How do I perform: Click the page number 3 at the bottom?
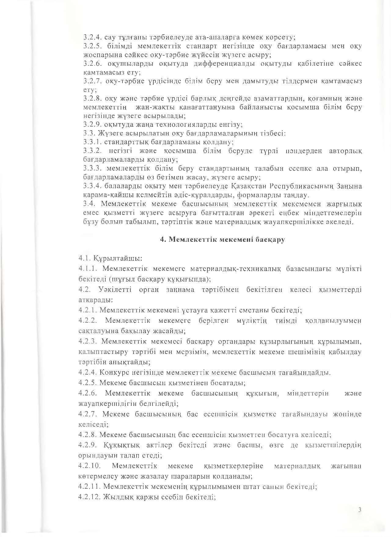pyautogui.click(x=360, y=509)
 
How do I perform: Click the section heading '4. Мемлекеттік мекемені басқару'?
pyautogui.click(x=223, y=240)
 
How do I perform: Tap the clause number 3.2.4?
pyautogui.click(x=93, y=38)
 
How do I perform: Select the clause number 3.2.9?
pyautogui.click(x=93, y=125)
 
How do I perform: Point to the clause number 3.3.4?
pyautogui.click(x=93, y=186)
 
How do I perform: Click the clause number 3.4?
pyautogui.click(x=90, y=204)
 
